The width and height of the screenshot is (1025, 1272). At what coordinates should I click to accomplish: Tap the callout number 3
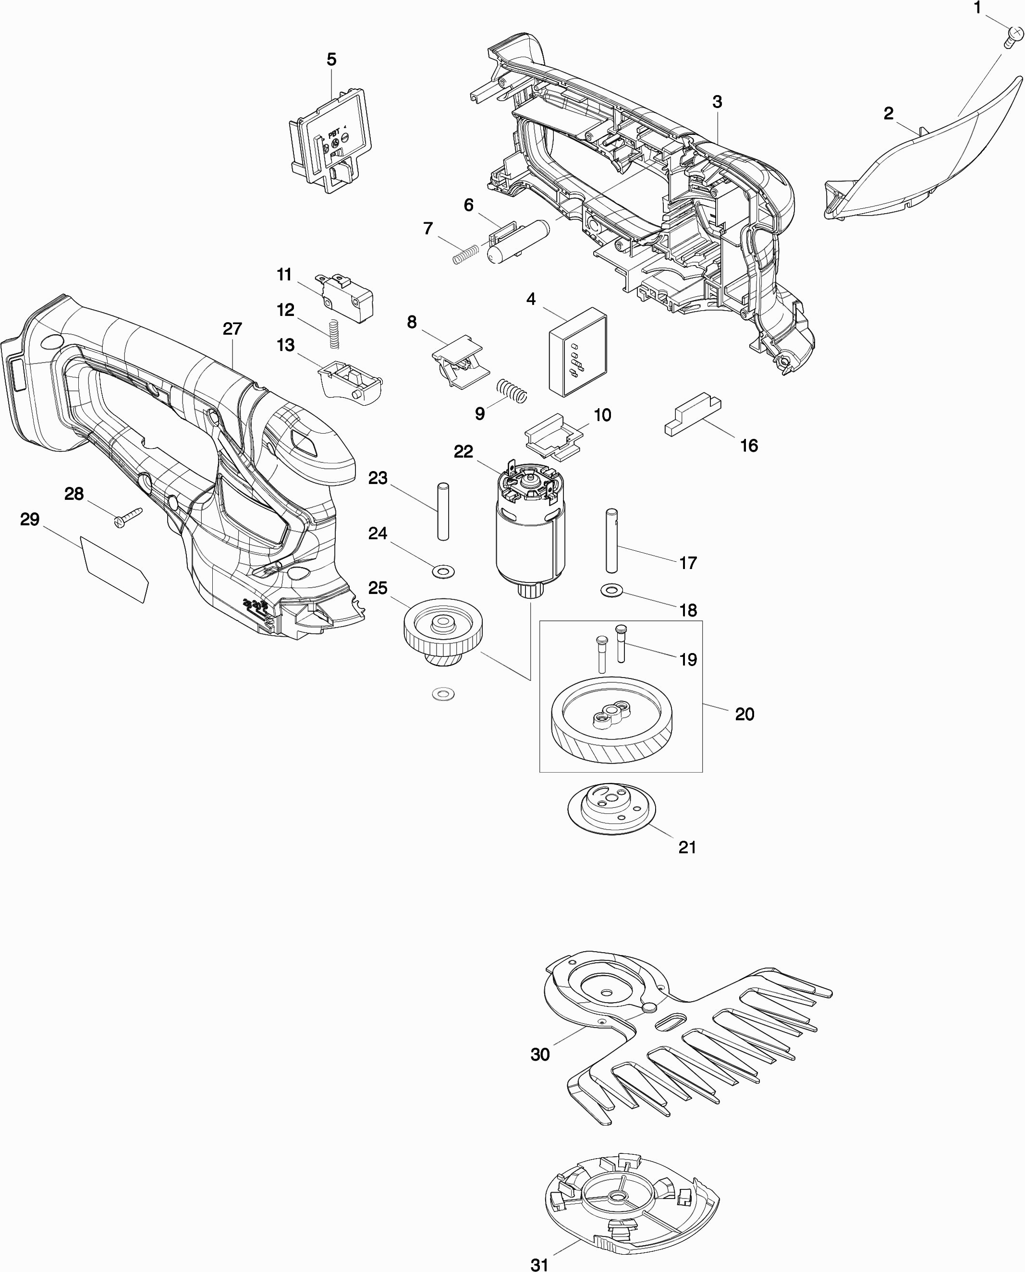click(x=717, y=102)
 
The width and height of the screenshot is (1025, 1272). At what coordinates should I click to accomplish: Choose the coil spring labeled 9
click(x=512, y=391)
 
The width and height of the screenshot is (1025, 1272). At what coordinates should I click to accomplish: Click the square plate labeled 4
click(x=577, y=351)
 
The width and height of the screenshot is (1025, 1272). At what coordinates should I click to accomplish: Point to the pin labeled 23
click(x=443, y=511)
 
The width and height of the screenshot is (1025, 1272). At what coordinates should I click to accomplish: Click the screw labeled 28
click(x=128, y=517)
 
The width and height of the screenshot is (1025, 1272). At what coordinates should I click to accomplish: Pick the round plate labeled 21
click(x=612, y=809)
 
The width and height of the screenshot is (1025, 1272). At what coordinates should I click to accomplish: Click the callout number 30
click(x=540, y=1054)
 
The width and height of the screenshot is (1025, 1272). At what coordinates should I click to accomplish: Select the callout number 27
click(x=232, y=329)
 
